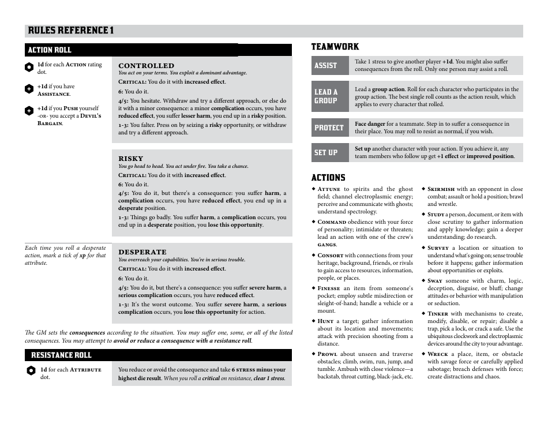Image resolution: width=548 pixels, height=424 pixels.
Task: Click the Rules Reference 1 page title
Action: tap(70, 31)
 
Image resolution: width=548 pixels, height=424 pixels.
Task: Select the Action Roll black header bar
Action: tap(131, 50)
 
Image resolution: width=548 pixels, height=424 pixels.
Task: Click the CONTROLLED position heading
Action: tap(146, 66)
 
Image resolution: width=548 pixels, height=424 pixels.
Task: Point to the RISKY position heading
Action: tap(130, 159)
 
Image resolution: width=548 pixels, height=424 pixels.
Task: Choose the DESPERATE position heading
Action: tap(142, 252)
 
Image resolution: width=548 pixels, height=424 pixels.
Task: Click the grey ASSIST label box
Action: tap(329, 66)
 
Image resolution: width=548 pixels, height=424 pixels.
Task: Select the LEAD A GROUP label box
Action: tap(329, 96)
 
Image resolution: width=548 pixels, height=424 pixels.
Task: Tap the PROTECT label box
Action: tap(329, 127)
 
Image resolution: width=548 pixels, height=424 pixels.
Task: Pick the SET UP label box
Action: tap(329, 152)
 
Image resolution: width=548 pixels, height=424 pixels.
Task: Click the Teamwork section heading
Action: tap(335, 47)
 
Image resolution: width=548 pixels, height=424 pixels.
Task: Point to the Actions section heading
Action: tap(328, 178)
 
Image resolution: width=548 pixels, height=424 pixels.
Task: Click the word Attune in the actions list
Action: tap(329, 189)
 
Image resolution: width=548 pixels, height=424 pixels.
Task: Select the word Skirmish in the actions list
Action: tap(441, 189)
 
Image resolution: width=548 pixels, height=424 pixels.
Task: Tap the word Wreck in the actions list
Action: tap(438, 354)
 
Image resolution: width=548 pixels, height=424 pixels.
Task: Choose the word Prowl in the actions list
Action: tap(327, 354)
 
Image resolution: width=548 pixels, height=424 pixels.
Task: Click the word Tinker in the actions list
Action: tap(438, 314)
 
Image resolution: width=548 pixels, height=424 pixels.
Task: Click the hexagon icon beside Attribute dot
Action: tap(31, 370)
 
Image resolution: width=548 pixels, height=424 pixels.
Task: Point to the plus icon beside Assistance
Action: tap(29, 89)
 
